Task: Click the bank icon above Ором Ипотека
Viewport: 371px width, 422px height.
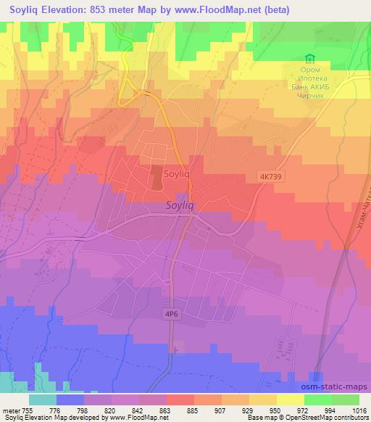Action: (310, 59)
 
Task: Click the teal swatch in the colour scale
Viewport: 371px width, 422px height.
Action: (43, 400)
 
